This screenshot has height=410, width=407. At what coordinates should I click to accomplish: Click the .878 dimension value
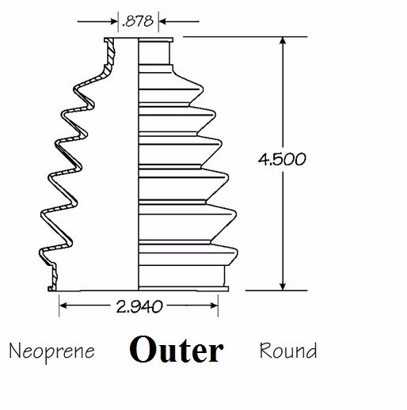coord(138,21)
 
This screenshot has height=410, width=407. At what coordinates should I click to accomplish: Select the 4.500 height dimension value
coord(282,159)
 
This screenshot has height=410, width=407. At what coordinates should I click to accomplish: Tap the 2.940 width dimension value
coord(139,306)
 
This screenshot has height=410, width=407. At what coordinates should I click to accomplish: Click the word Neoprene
coord(51,351)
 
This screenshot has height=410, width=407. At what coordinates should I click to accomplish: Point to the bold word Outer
coord(177,349)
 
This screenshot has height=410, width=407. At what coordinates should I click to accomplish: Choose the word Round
coord(288,351)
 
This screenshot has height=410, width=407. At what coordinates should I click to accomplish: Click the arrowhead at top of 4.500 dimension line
coord(283,40)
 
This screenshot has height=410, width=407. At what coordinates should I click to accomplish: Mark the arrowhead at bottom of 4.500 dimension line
coord(283,287)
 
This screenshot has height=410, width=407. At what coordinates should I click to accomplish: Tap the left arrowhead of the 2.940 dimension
coord(63,306)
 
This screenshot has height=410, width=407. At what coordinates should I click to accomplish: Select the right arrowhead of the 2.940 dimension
coord(214,306)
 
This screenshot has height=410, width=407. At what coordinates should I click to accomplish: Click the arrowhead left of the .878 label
coord(114,21)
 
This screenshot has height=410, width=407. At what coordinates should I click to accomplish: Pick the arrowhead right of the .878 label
coord(163,21)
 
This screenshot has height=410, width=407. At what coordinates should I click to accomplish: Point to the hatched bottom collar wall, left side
coord(54,277)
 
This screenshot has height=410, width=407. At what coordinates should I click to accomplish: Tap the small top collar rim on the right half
coord(156,40)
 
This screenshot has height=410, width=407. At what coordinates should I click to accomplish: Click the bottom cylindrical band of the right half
coord(181,276)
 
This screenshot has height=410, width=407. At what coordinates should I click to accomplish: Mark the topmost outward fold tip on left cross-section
coord(75,88)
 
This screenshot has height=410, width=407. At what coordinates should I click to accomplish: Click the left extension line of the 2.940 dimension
coord(59,306)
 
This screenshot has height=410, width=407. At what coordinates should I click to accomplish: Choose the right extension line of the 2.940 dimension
coord(218,306)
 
